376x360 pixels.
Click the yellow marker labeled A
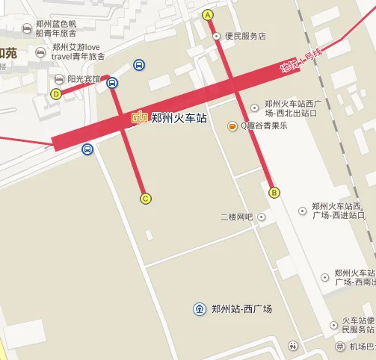[208, 15]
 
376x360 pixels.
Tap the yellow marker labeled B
[274, 192]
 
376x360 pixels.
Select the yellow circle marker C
[146, 198]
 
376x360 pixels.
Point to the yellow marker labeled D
[56, 93]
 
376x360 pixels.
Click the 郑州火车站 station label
[179, 118]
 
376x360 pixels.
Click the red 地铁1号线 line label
[301, 60]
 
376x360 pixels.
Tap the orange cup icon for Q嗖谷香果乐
[232, 125]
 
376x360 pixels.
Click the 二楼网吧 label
[237, 217]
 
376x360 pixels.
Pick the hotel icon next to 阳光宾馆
[59, 79]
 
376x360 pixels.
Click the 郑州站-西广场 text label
[241, 309]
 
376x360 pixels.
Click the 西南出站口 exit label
[353, 278]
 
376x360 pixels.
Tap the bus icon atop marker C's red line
[112, 83]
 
